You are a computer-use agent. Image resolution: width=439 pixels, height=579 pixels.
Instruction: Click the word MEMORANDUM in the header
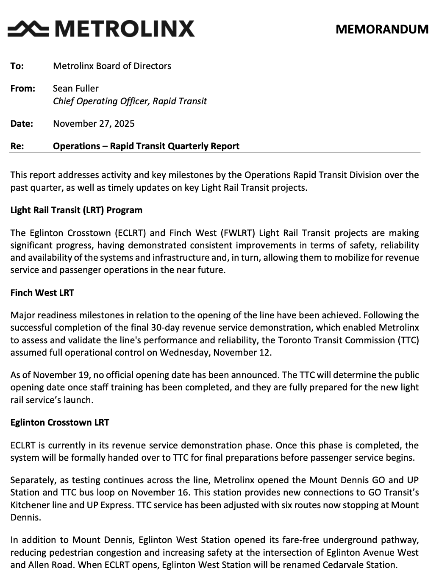(x=382, y=29)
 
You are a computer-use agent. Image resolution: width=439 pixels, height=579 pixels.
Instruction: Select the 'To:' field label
(x=17, y=66)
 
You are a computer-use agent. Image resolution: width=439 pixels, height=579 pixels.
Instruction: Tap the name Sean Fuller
(x=75, y=88)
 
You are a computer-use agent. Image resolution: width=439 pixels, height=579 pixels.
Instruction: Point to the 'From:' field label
(x=22, y=88)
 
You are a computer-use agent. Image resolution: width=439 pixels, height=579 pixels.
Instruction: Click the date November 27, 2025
(x=94, y=123)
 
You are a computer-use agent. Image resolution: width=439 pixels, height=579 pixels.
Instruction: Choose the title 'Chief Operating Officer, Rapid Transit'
(x=130, y=101)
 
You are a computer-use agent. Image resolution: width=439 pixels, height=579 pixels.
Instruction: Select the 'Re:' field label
(x=17, y=146)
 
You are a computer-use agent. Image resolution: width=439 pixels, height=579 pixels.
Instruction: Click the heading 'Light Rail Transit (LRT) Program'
(x=76, y=210)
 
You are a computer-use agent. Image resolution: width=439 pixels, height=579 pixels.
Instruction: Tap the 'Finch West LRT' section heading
(x=42, y=292)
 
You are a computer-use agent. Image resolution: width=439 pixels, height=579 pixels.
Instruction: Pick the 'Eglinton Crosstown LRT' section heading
(x=60, y=422)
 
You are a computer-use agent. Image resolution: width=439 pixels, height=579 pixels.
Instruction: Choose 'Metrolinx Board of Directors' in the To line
(x=112, y=66)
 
